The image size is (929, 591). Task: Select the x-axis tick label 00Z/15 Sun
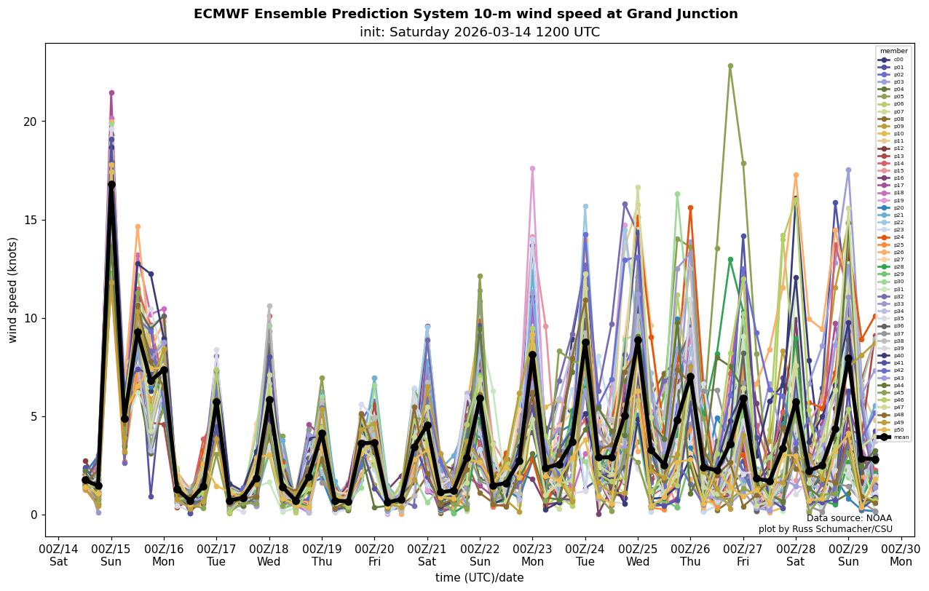coord(111,555)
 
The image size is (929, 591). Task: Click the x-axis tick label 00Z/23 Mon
coord(532,555)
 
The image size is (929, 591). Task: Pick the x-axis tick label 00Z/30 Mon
coord(901,555)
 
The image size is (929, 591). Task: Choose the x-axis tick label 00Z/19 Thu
coord(322,555)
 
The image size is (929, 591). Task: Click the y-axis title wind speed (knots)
coord(13,290)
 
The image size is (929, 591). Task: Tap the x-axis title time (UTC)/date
coord(479,578)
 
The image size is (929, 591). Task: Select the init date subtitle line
coord(479,32)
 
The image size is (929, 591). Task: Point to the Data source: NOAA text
coord(849,518)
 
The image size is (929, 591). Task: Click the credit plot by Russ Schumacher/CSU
coord(825,529)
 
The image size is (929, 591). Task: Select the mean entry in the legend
coord(893,437)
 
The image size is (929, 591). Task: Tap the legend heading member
coord(893,51)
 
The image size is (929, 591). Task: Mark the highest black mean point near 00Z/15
coord(111,185)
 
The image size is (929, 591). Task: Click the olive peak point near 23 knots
coord(730,66)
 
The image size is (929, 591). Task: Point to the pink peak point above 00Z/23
coord(532,169)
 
